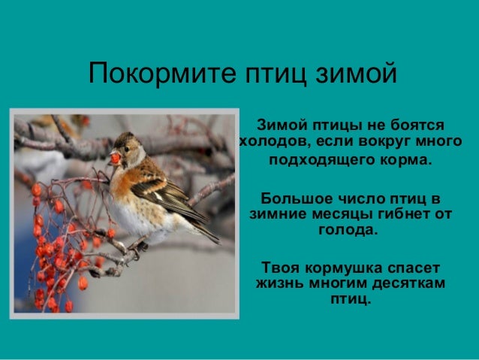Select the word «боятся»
(x=417, y=124)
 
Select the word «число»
(x=354, y=198)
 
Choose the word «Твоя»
(x=279, y=268)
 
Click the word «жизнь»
(x=278, y=283)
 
